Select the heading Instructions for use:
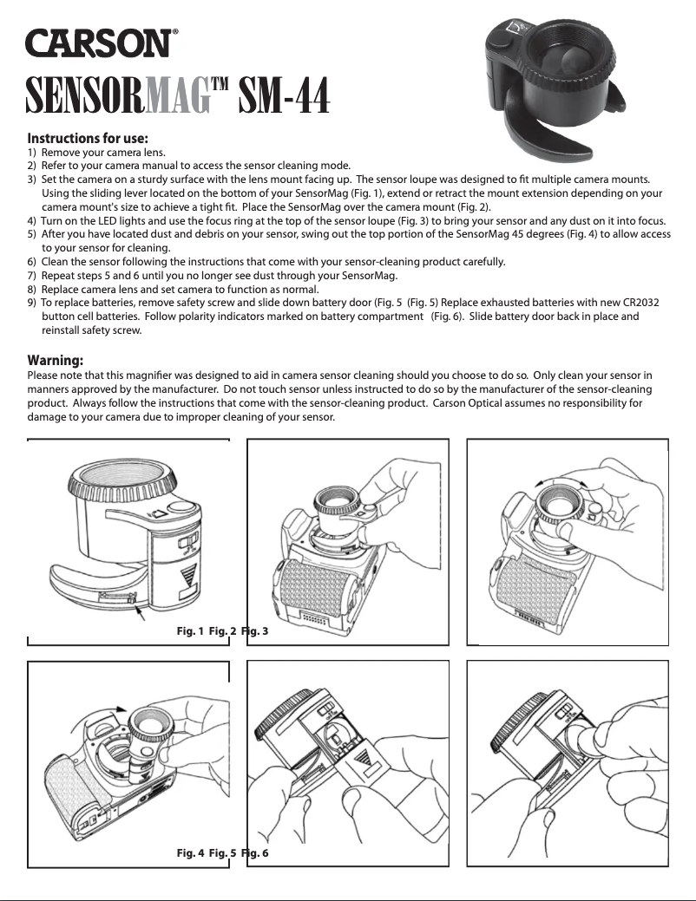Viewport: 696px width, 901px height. pos(88,138)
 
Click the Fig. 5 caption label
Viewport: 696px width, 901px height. pos(222,853)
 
